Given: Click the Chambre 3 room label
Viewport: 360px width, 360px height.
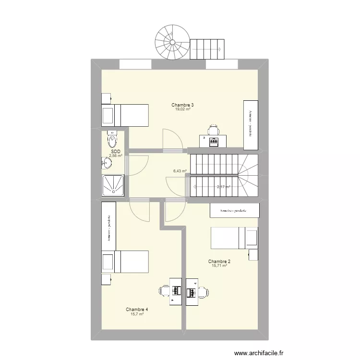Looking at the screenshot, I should (182, 105).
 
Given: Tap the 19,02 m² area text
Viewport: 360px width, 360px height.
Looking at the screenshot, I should (182, 109).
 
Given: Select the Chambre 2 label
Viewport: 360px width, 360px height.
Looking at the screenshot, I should (219, 262).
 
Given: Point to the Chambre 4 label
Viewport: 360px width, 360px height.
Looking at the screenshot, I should (137, 310).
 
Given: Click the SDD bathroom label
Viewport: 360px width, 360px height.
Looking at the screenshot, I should (115, 151).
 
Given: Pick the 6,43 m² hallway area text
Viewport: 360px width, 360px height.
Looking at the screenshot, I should (180, 170).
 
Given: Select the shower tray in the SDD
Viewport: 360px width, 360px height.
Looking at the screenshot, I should (113, 186).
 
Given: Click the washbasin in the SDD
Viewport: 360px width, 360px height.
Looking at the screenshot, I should (107, 163).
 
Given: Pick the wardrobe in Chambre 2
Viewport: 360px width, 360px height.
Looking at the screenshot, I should (234, 210).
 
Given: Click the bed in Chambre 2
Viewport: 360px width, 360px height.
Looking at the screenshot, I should (234, 238).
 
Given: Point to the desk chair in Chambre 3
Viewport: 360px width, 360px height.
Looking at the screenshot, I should (213, 129).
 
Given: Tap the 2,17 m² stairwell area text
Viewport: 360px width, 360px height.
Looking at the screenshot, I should (223, 187).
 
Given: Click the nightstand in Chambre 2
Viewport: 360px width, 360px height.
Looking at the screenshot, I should (253, 254).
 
